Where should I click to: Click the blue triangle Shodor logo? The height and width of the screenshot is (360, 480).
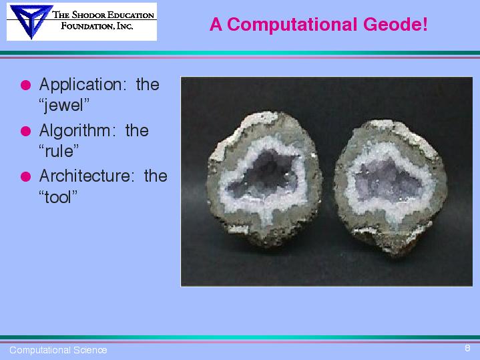click(31, 21)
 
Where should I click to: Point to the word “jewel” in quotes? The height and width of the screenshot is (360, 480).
click(64, 106)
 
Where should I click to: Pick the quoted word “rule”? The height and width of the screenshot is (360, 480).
click(59, 151)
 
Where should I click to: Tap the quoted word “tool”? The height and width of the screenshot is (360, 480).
click(58, 197)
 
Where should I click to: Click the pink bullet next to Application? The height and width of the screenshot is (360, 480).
click(26, 85)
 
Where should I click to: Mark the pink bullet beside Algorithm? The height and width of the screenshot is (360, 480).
click(26, 131)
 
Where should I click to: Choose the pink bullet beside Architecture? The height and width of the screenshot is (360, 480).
click(26, 176)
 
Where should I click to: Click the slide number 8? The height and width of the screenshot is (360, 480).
click(467, 348)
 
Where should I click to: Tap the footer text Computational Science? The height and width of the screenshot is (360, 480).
click(58, 350)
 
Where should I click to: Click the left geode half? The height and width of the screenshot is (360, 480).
click(264, 178)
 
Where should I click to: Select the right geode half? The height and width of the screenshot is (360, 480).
click(391, 187)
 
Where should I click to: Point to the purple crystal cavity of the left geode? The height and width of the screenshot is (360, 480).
click(264, 174)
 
